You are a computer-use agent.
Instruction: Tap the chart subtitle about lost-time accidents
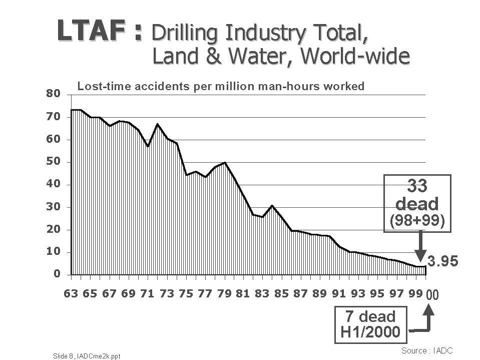click(221, 86)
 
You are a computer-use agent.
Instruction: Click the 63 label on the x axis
click(71, 294)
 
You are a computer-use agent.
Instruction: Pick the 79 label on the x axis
click(224, 294)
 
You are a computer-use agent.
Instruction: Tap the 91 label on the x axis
click(339, 294)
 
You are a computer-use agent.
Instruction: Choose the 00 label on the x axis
click(431, 295)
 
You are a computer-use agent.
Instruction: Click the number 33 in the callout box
click(417, 186)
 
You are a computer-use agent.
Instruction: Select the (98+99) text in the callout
click(417, 220)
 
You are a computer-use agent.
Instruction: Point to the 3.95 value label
click(442, 262)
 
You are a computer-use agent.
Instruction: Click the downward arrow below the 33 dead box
click(420, 245)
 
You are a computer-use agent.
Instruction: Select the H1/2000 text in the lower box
click(370, 331)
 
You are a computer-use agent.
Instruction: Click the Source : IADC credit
click(426, 350)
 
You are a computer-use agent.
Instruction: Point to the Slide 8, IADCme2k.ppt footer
click(87, 355)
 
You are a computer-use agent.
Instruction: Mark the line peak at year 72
click(157, 124)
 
